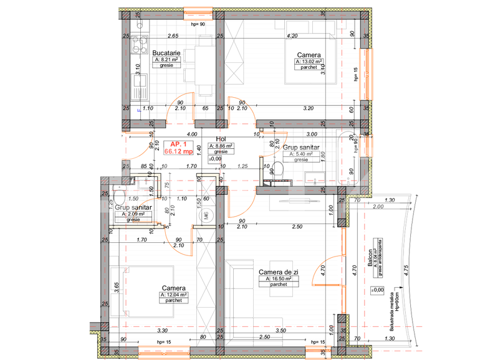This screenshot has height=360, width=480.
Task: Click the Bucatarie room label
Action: point(166,54)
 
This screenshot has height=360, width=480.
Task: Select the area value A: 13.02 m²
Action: point(309,61)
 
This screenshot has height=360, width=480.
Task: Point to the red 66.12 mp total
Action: point(179,151)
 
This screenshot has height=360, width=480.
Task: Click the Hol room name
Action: point(221,140)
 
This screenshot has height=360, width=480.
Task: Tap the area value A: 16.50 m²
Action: point(279,279)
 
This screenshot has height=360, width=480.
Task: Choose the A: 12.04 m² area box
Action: point(174,295)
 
